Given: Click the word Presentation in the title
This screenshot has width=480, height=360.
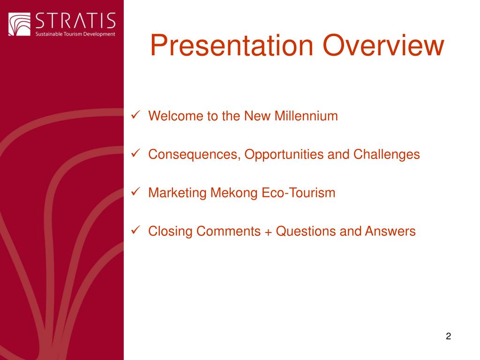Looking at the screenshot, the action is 232,45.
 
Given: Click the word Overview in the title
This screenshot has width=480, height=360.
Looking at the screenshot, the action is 383,45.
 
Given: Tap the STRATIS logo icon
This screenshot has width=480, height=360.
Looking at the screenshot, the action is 19,24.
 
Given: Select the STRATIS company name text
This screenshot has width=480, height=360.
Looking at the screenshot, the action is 75,21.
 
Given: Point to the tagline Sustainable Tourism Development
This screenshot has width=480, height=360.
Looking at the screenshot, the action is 75,34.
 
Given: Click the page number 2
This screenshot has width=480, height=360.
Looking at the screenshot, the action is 448,336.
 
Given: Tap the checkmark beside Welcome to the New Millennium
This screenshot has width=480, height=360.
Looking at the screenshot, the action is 135,115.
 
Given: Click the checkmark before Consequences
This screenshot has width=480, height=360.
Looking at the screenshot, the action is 135,153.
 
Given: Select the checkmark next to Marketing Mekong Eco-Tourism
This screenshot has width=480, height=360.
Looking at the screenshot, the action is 135,192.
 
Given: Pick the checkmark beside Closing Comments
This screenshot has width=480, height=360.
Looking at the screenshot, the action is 135,230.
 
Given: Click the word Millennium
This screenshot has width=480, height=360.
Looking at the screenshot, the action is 306,116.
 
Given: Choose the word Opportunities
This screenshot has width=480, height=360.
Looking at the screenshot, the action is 284,155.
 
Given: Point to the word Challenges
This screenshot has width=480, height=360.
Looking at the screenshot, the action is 387,155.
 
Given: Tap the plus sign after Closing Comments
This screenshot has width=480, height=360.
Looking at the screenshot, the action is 268,232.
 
